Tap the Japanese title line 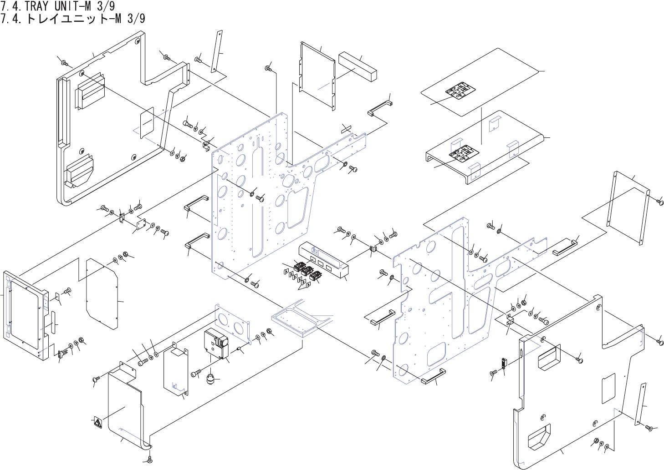pyautogui.click(x=73, y=19)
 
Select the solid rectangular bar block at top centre pyautogui.click(x=358, y=66)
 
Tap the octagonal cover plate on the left pyautogui.click(x=102, y=294)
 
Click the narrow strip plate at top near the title pyautogui.click(x=217, y=51)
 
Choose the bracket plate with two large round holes pyautogui.click(x=233, y=323)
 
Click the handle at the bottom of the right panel pyautogui.click(x=433, y=376)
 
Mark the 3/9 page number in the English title pyautogui.click(x=105, y=6)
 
